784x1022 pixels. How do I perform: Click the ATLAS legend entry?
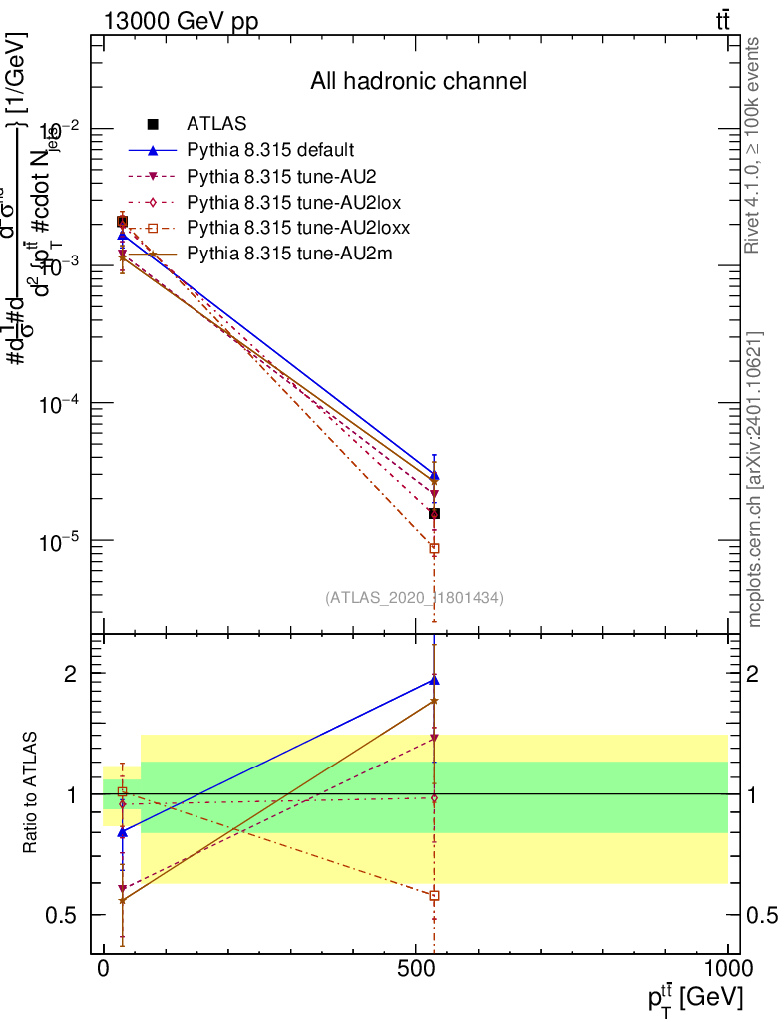point(211,125)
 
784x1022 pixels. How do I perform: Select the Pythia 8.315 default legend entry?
point(269,151)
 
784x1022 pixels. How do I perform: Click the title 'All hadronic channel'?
point(418,81)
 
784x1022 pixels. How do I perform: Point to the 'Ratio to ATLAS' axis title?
point(31,794)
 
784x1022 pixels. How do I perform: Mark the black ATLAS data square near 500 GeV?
point(434,513)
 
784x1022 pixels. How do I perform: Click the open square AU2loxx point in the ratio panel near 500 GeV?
point(434,895)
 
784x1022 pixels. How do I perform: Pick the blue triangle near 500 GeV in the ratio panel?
point(434,680)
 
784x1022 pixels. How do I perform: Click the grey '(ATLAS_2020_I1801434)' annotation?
point(414,598)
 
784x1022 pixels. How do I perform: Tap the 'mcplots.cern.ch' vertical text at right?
point(755,479)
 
